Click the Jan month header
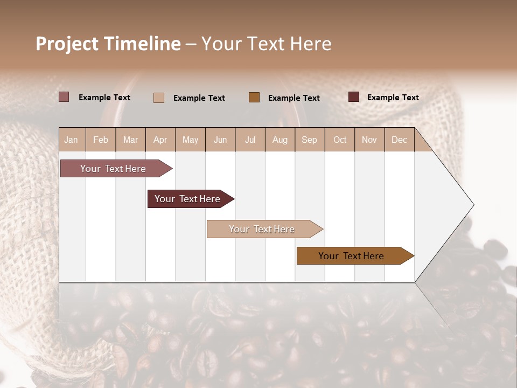[x=72, y=140]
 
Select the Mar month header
[x=130, y=140]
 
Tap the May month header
[x=190, y=140]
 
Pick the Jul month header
[x=250, y=140]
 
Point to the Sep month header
[x=309, y=140]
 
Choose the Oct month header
[x=340, y=140]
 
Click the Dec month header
[x=399, y=140]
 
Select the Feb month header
[x=101, y=140]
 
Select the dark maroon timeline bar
[x=188, y=199]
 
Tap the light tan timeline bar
[x=263, y=229]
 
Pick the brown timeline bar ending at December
[x=353, y=256]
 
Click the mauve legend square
[x=64, y=97]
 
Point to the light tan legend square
[x=159, y=98]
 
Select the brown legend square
[x=254, y=97]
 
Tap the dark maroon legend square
[x=354, y=97]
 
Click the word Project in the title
[x=67, y=44]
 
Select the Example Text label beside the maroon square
[x=393, y=98]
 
